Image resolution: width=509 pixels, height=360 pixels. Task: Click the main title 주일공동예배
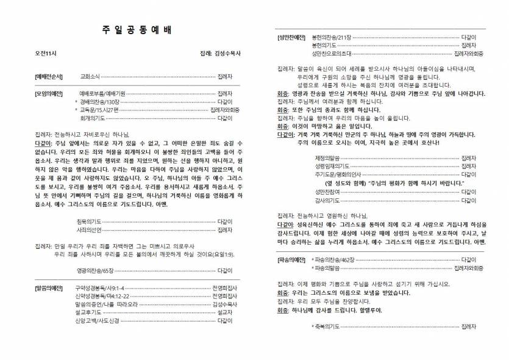[x=134, y=31]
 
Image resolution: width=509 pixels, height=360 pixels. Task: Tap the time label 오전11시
[x=46, y=54]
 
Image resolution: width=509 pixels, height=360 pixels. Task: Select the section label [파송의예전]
[x=291, y=260]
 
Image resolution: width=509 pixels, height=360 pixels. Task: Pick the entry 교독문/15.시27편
[x=102, y=110]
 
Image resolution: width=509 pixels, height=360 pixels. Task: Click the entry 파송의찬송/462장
[x=335, y=260]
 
